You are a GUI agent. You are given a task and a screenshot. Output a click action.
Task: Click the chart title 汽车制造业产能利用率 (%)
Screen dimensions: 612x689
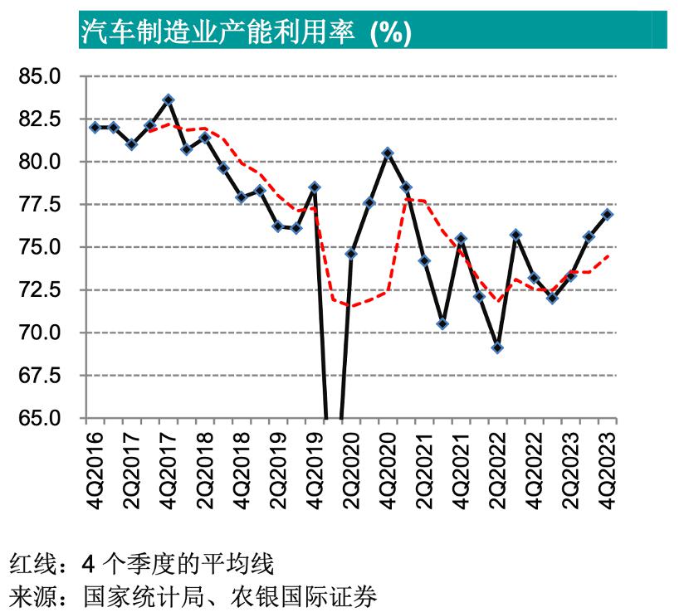tap(246, 32)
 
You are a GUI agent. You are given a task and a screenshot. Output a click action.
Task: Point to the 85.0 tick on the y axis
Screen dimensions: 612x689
tap(39, 76)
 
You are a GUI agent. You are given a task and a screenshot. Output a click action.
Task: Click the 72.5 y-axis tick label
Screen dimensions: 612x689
tap(39, 289)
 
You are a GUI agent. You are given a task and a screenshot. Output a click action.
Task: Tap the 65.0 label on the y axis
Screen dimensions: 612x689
tap(39, 418)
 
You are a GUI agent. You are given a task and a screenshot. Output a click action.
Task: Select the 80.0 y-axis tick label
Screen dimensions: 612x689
tap(39, 162)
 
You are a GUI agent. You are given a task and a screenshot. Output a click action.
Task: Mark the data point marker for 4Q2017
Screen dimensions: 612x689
tap(169, 100)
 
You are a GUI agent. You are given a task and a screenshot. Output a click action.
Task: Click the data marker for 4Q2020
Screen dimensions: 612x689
tap(388, 153)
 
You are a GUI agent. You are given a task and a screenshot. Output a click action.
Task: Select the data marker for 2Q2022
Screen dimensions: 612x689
tap(497, 347)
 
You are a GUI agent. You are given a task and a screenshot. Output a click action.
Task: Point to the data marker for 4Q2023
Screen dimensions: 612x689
tap(608, 214)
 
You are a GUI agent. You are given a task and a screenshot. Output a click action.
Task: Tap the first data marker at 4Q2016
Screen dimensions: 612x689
tap(95, 127)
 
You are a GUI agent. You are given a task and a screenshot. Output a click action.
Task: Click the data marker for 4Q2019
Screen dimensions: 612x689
tap(315, 187)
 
